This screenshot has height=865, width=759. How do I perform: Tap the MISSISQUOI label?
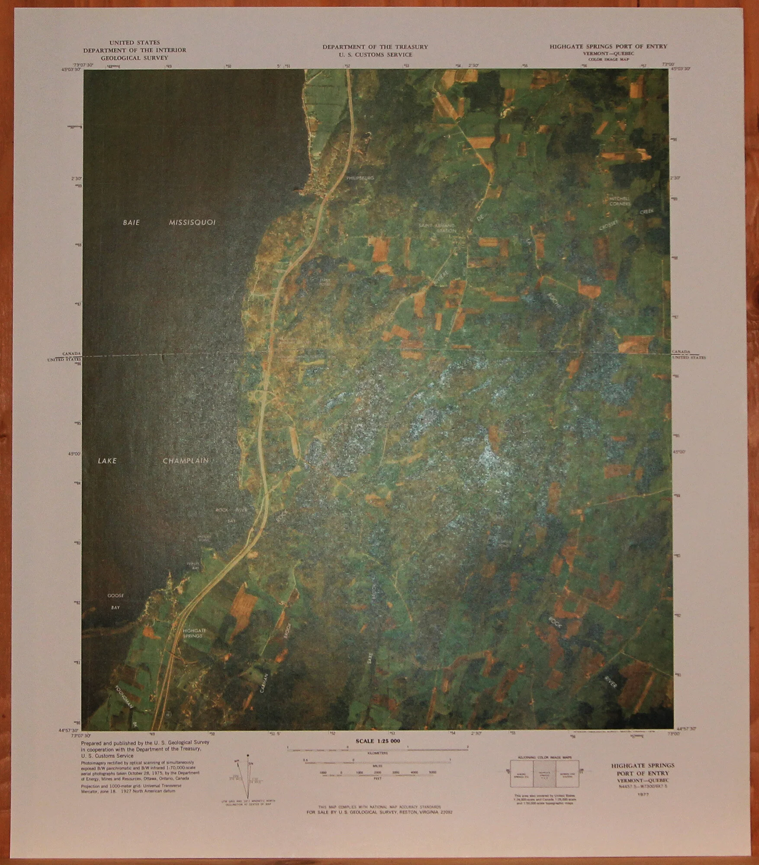192,223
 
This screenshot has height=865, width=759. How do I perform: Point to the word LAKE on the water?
107,461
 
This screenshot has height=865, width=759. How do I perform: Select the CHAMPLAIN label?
186,461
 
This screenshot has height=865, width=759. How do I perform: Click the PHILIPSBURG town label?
360,178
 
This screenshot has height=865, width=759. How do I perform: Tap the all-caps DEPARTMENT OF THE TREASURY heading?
375,47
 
